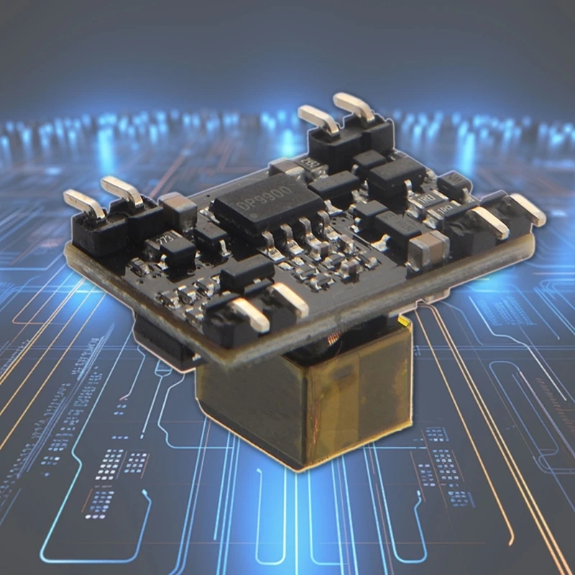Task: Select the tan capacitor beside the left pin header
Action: pyautogui.click(x=178, y=208)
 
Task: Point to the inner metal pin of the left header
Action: pyautogui.click(x=121, y=190)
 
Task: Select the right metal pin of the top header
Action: pyautogui.click(x=355, y=107)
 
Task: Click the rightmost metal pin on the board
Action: pyautogui.click(x=528, y=209)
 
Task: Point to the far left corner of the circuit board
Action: pyautogui.click(x=68, y=248)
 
